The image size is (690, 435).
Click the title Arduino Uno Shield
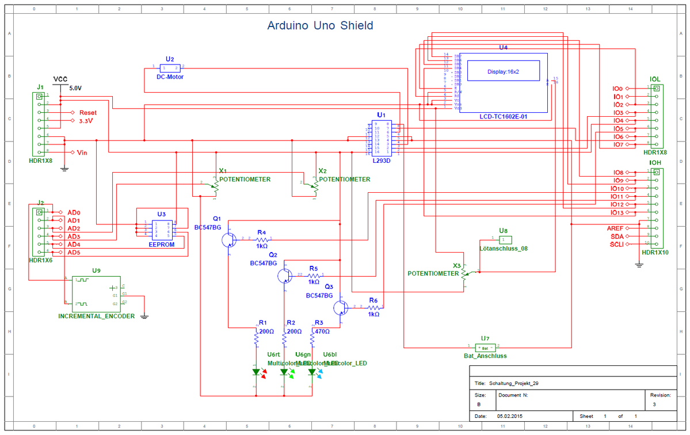pos(320,26)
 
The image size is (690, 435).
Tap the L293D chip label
pos(381,161)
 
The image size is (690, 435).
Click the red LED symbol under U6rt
pos(257,372)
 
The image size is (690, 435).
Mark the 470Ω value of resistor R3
pos(322,331)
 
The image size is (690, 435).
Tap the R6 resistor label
pos(373,301)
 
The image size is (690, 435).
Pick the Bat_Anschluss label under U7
pos(485,356)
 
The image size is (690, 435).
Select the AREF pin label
pos(615,228)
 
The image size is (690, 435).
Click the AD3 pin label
pos(74,236)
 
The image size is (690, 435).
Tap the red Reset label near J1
pos(88,113)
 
